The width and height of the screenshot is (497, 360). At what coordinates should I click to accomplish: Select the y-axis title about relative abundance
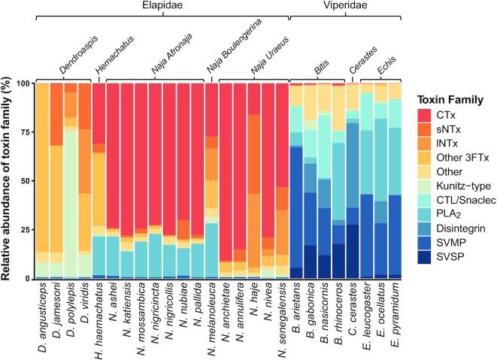[10, 180]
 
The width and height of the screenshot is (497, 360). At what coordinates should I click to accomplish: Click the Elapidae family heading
[159, 6]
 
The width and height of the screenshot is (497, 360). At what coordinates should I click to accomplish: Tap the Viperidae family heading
[345, 6]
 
